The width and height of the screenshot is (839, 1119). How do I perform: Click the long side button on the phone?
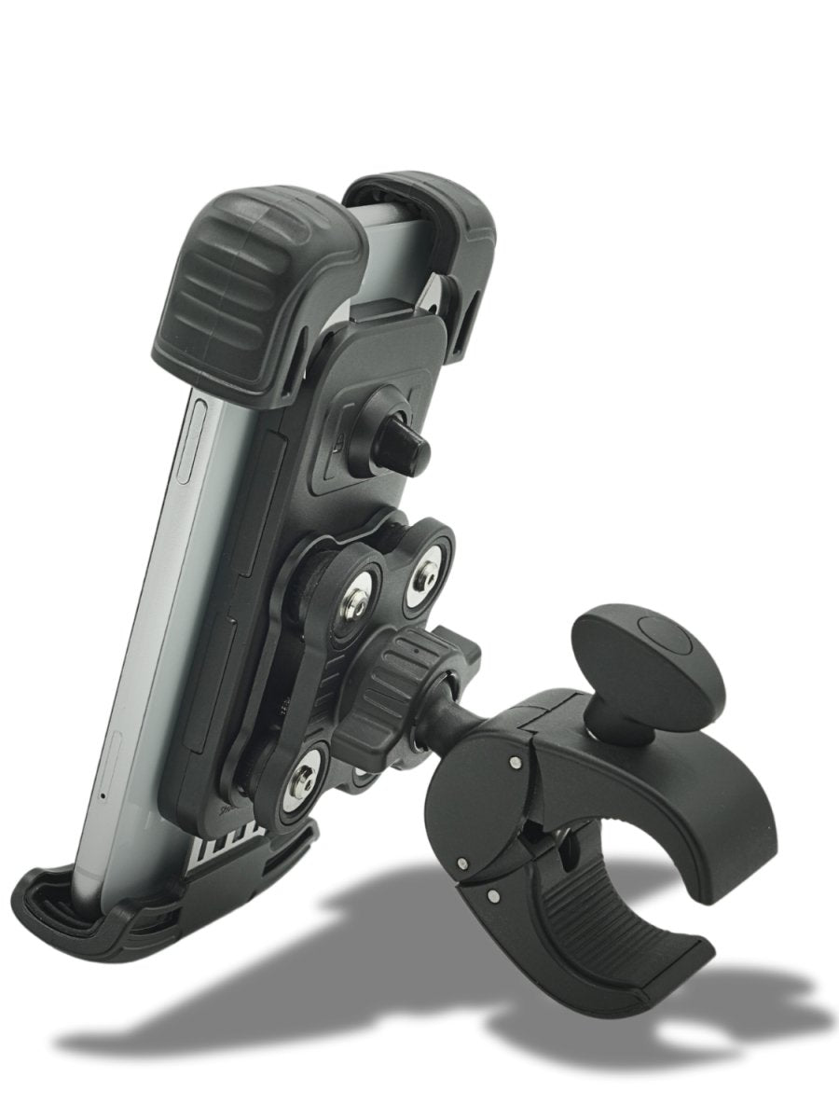(x=187, y=438)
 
